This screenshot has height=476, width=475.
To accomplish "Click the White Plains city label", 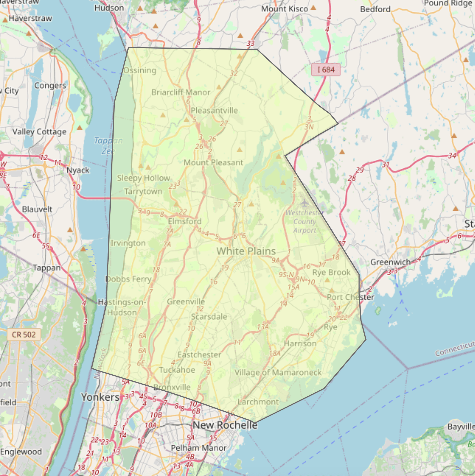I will coord(246,251).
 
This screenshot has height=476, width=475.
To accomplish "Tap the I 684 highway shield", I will coord(326,70).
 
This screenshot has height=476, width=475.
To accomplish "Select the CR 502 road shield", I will coord(24,335).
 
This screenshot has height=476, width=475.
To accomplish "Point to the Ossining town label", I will coord(140,71).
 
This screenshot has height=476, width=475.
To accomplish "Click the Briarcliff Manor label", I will coord(181,92).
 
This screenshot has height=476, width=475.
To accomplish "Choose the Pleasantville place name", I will coord(214,111).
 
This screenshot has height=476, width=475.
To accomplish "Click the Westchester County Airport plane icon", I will coord(304,203).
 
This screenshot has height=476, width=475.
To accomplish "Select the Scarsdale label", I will coord(209,317).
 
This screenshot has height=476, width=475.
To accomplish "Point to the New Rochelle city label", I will coord(225,425).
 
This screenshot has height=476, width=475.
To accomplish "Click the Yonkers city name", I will coord(100,397).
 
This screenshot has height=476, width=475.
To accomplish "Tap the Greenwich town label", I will coord(390,262).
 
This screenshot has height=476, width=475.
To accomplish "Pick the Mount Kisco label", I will coord(284,9).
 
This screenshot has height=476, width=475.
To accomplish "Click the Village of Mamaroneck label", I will coord(278,373).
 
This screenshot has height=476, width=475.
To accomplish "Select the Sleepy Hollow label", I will coord(144,178).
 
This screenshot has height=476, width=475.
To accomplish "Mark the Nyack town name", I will coord(78,170).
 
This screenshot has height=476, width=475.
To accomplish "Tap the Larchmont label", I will coord(258,402).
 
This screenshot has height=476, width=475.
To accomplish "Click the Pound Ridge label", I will coord(448,3).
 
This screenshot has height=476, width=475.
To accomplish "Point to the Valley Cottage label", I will coord(39,132).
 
